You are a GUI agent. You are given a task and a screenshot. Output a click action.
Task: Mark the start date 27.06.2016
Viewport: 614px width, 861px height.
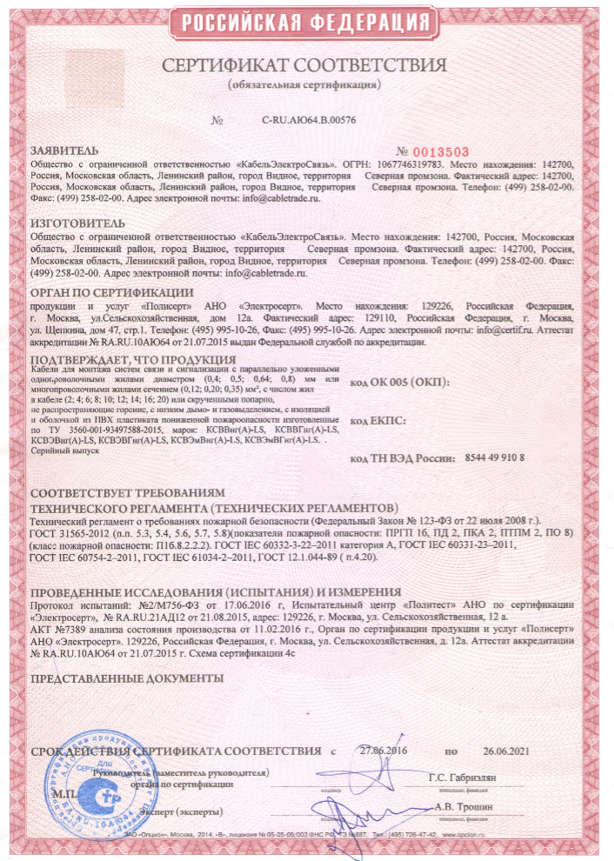[x=382, y=750]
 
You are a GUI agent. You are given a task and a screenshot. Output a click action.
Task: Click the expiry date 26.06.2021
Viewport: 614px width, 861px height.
[x=505, y=750]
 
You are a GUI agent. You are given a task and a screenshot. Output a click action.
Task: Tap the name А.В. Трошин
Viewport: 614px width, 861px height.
[x=462, y=806]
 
